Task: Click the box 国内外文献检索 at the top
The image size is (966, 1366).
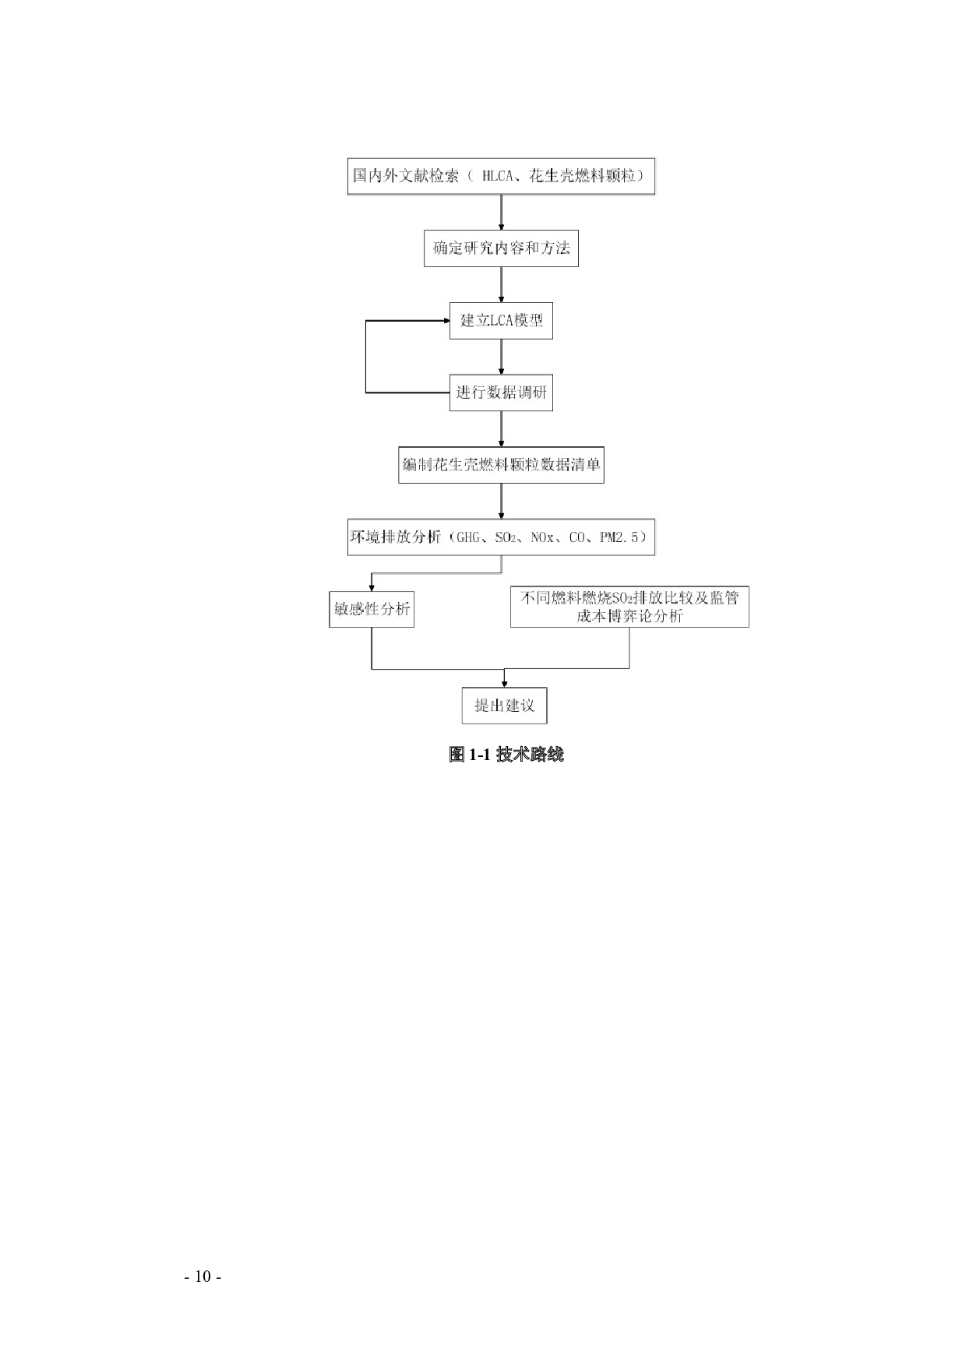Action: [501, 176]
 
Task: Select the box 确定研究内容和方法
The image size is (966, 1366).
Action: [501, 248]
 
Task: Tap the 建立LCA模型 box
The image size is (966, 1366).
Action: [501, 321]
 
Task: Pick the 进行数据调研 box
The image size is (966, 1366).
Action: [501, 393]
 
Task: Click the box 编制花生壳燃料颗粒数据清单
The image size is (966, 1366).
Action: [501, 465]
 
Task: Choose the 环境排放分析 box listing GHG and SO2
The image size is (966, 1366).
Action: [501, 537]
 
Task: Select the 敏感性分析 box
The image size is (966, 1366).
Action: [372, 610]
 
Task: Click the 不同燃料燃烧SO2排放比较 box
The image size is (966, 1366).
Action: [629, 607]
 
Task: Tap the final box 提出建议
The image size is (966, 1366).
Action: [504, 706]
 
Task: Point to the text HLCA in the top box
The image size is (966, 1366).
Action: [497, 176]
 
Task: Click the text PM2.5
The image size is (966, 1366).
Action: [619, 537]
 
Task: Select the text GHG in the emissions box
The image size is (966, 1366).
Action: [469, 537]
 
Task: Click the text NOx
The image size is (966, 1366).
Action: [542, 537]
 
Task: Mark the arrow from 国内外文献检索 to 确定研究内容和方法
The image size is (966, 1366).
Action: [501, 212]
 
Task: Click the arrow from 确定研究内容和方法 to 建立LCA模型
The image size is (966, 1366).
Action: [501, 284]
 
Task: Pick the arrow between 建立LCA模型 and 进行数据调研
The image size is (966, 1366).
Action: [501, 357]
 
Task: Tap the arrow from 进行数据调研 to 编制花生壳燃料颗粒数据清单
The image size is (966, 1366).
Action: [501, 429]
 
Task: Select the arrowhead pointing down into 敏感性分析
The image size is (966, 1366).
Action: [372, 588]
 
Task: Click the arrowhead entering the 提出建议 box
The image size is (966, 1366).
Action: [505, 683]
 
